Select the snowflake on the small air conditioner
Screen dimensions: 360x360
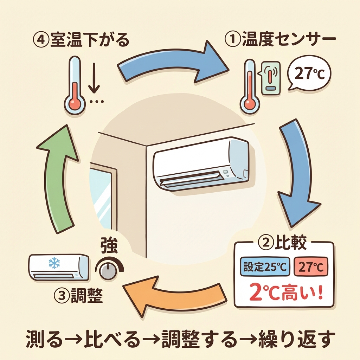click(x=54, y=263)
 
